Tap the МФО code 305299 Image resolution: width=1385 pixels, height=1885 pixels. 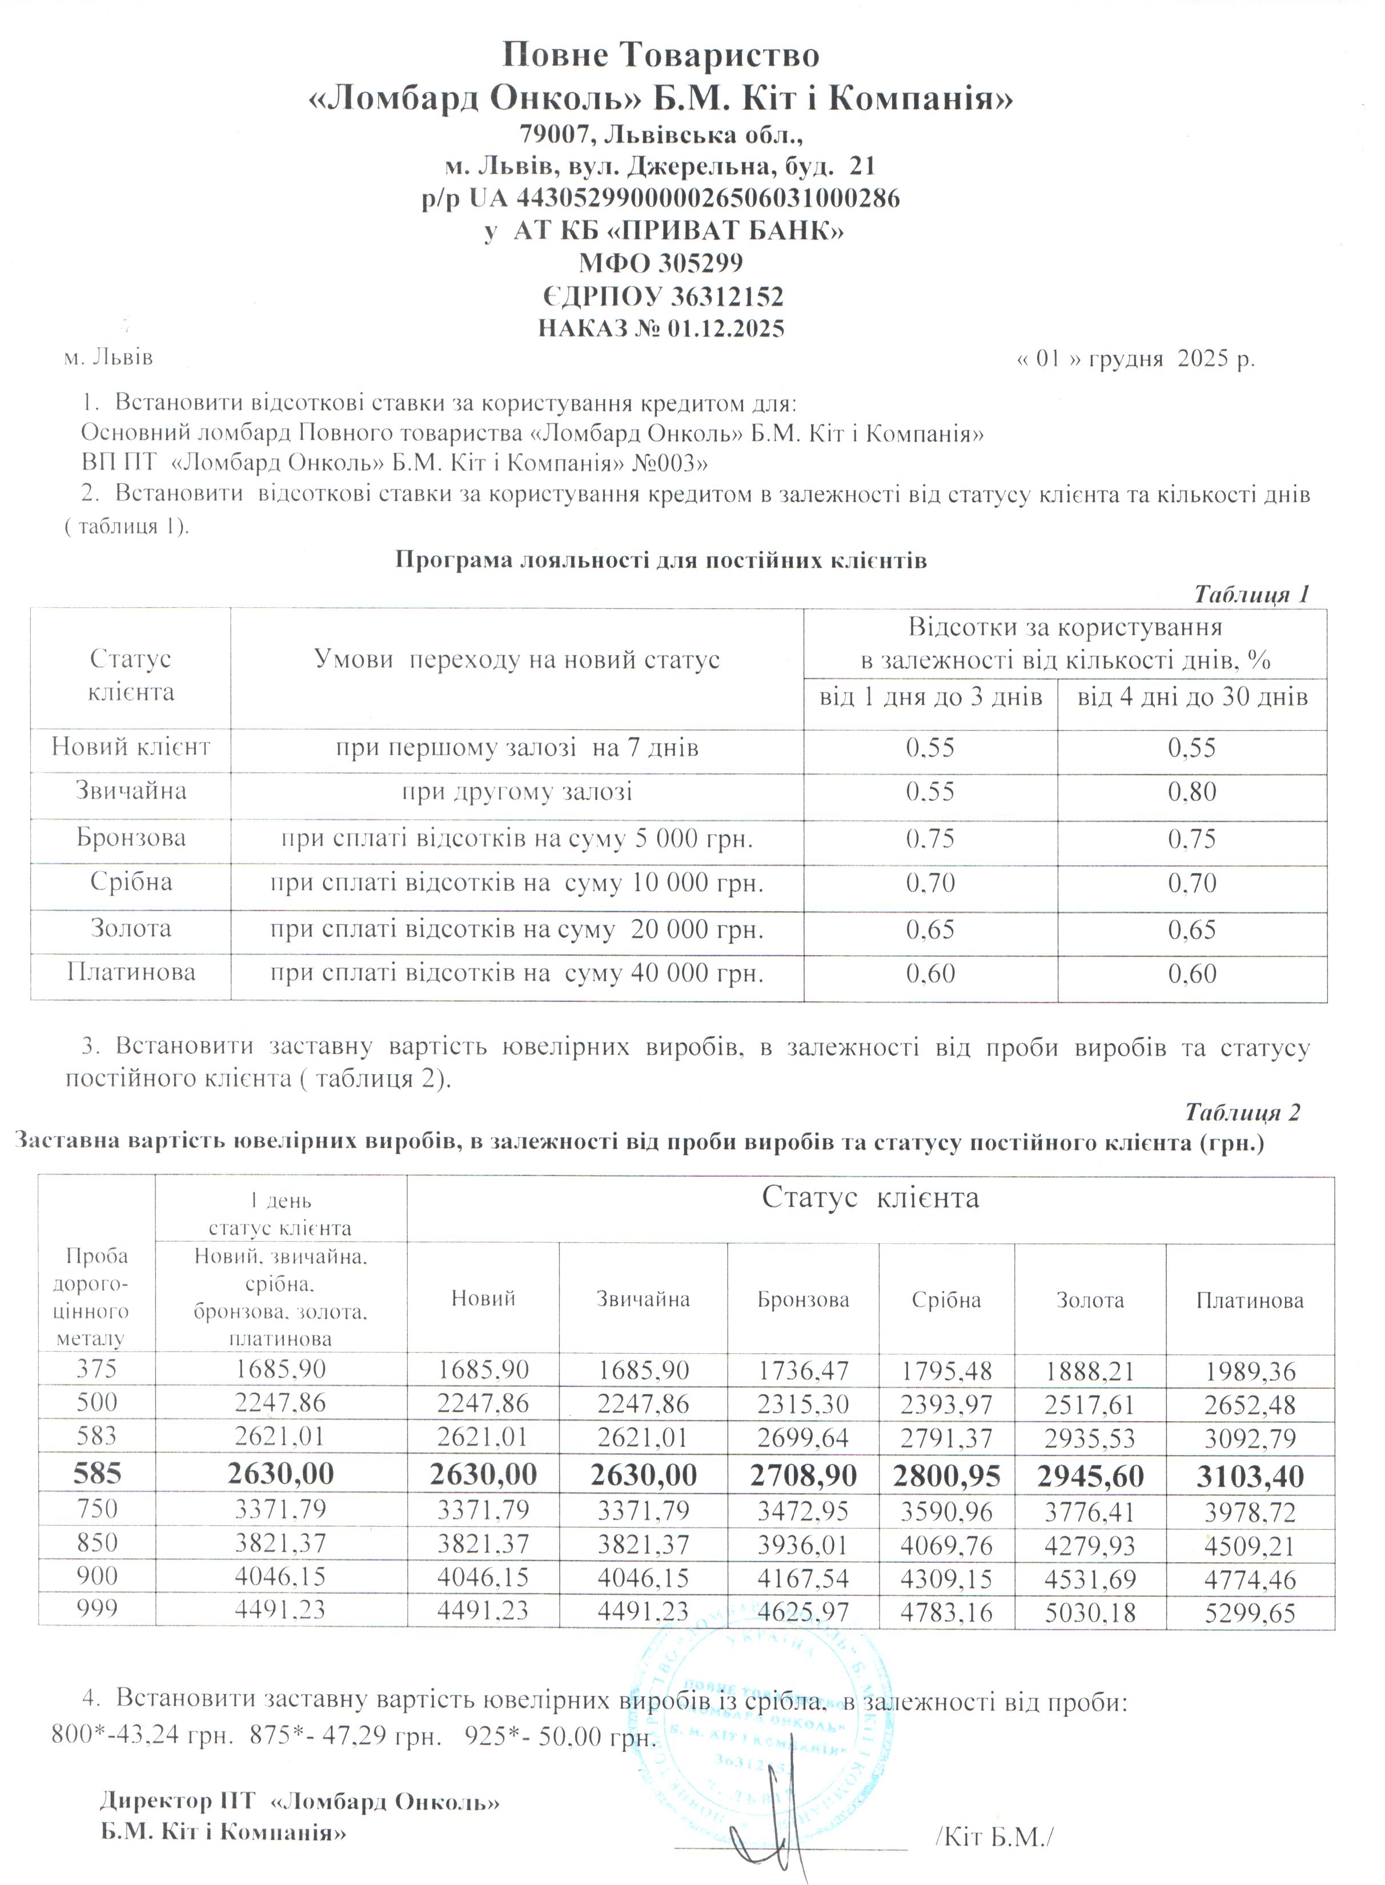pos(701,263)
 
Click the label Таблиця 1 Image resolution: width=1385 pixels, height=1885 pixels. pos(1251,595)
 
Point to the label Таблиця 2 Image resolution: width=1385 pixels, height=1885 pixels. pos(1242,1112)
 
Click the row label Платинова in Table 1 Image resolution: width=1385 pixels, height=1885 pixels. pos(131,973)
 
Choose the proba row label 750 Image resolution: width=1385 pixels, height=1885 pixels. pos(97,1509)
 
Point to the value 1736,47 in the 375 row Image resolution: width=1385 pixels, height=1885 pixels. pos(802,1372)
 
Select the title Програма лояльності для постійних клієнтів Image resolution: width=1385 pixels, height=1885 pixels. pos(661,560)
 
